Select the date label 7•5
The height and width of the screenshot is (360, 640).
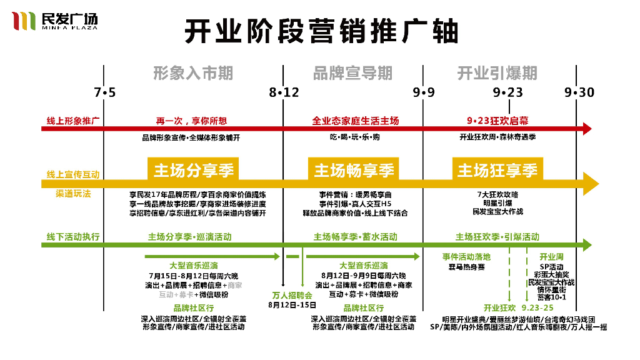105,92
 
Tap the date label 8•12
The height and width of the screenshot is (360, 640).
284,92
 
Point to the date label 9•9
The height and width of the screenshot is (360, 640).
423,92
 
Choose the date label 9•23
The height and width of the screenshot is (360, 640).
507,92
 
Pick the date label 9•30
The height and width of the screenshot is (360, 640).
579,92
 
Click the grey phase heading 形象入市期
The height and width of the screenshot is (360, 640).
193,73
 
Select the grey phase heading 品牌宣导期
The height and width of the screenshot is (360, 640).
352,73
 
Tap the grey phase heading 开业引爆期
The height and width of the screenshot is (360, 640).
497,73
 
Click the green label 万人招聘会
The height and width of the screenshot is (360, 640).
292,295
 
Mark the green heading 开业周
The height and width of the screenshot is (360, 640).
552,257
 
